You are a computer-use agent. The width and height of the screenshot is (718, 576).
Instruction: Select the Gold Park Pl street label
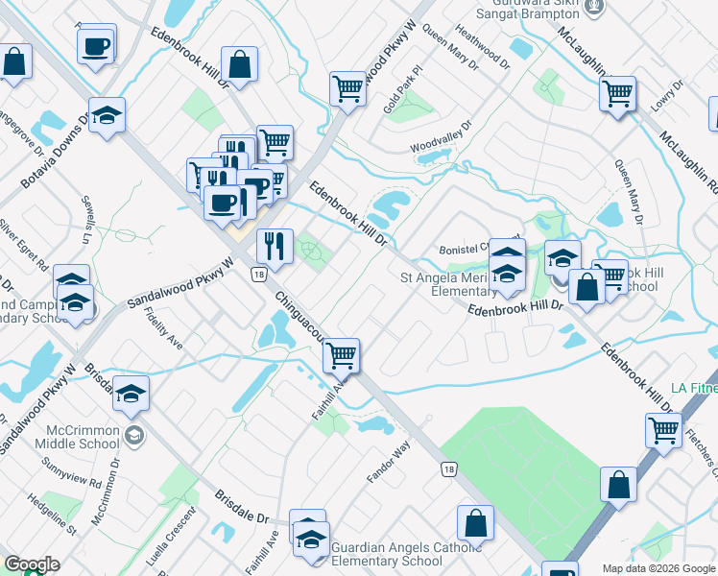pos(402,90)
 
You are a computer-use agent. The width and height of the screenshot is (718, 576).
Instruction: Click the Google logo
pos(32,564)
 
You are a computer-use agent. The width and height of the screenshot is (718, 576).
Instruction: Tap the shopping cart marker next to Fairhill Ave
pos(342,355)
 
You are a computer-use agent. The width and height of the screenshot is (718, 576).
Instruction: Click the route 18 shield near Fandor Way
pos(448,469)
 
